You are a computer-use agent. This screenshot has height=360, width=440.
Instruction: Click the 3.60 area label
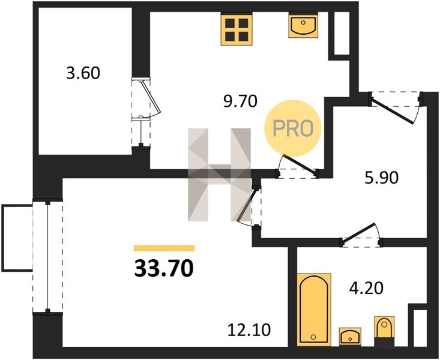[83, 73]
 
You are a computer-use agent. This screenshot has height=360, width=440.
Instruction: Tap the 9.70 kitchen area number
[240, 101]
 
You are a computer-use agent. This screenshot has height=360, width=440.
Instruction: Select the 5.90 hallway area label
[382, 178]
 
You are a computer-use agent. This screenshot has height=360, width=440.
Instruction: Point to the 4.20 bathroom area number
[366, 288]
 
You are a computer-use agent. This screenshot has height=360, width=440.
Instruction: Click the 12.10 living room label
[249, 329]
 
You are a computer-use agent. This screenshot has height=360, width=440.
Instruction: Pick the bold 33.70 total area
[164, 268]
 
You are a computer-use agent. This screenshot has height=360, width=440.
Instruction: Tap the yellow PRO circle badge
[293, 128]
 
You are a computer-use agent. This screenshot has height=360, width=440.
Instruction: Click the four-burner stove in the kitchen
[237, 29]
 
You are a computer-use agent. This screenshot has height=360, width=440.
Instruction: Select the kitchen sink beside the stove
[303, 26]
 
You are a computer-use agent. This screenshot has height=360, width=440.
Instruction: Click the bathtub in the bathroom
[314, 310]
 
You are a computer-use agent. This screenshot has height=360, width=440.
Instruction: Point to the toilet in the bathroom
[384, 331]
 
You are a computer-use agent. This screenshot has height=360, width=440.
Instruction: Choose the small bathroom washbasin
[350, 336]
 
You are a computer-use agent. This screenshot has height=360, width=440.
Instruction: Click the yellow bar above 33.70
[164, 248]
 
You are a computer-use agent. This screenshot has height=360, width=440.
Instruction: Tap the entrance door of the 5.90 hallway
[396, 107]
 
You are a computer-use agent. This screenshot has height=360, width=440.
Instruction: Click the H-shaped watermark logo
[219, 174]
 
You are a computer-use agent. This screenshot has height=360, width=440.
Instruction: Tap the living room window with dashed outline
[47, 257]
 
